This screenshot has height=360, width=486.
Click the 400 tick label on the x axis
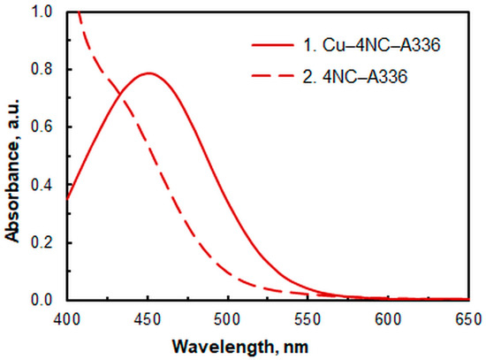66,319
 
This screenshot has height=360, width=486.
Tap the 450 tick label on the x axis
148,319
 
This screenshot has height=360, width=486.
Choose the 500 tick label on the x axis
229,319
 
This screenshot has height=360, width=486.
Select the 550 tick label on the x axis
310,319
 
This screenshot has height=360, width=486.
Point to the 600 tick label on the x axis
391,319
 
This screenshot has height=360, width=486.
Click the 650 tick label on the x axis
470,319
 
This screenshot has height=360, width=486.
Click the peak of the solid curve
148,73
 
